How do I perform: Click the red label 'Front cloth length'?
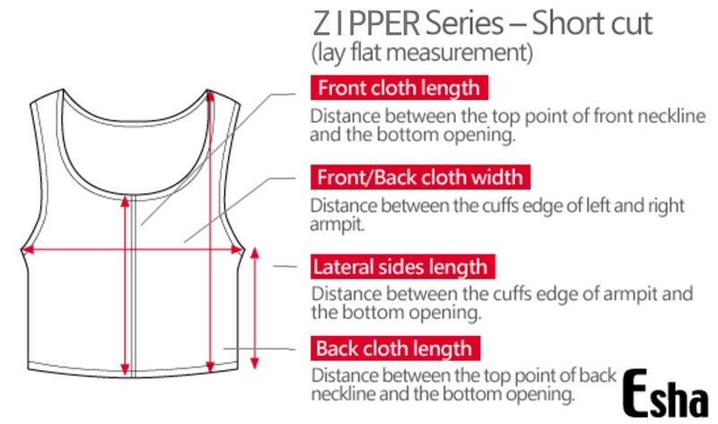click(x=399, y=88)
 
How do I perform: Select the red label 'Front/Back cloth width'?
click(x=419, y=177)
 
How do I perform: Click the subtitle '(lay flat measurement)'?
click(x=422, y=53)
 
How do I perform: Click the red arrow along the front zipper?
click(x=125, y=287)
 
